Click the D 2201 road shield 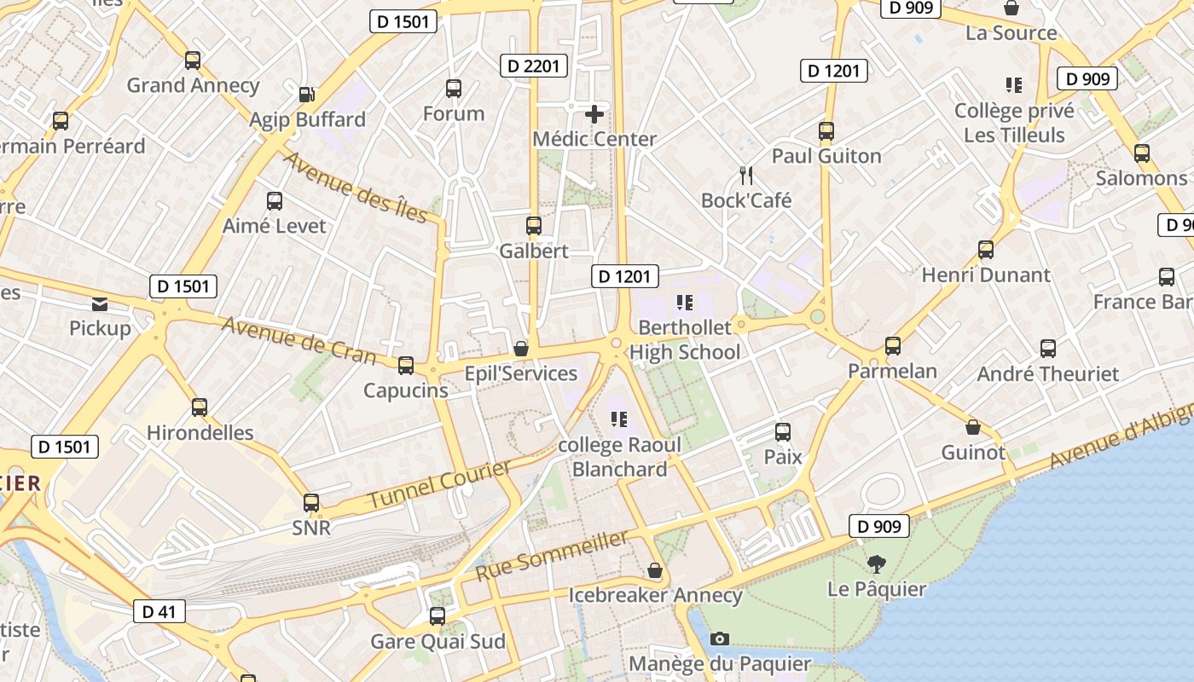tap(534, 65)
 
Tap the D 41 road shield tap(159, 611)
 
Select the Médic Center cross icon tap(594, 113)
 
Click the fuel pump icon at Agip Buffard tap(307, 94)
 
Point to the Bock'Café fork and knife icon tap(746, 176)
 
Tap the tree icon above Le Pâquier tap(876, 564)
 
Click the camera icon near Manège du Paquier tap(720, 639)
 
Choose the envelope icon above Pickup tap(100, 303)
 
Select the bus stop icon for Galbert tap(534, 226)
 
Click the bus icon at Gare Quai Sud tap(438, 616)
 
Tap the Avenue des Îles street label tap(355, 187)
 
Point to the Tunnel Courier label tap(440, 484)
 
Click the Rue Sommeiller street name tap(552, 556)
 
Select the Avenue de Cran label tap(298, 339)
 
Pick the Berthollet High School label tap(685, 339)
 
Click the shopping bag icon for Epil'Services tap(521, 349)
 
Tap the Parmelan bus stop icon tap(893, 346)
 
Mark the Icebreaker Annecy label tap(655, 595)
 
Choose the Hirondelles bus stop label tap(200, 432)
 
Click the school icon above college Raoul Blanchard tap(619, 419)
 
